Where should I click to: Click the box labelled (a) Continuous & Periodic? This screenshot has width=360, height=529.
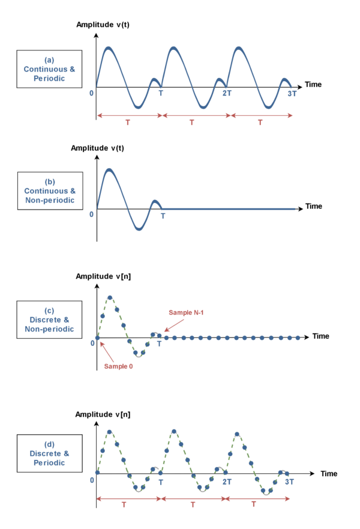pyautogui.click(x=49, y=69)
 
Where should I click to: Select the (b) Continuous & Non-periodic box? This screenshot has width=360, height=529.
pyautogui.click(x=50, y=191)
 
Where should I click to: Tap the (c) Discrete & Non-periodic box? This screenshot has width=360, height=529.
pyautogui.click(x=49, y=319)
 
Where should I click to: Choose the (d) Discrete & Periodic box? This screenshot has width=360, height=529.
pyautogui.click(x=50, y=453)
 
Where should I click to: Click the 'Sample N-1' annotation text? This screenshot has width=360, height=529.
pyautogui.click(x=186, y=313)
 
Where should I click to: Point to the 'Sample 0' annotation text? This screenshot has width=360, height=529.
pyautogui.click(x=118, y=366)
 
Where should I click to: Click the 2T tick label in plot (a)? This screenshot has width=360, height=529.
pyautogui.click(x=227, y=93)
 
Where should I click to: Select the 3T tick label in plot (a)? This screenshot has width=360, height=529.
pyautogui.click(x=292, y=94)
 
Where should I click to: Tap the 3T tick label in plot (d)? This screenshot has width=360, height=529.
pyautogui.click(x=289, y=482)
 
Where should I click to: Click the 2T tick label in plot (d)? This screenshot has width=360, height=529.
pyautogui.click(x=227, y=482)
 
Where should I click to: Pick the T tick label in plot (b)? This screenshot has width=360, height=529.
pyautogui.click(x=163, y=216)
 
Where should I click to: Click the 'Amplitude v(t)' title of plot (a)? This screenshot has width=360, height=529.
pyautogui.click(x=103, y=25)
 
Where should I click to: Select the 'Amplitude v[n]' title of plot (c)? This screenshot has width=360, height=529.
pyautogui.click(x=103, y=276)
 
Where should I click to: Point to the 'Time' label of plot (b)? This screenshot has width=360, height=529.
pyautogui.click(x=313, y=206)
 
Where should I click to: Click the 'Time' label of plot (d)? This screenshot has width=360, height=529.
pyautogui.click(x=329, y=474)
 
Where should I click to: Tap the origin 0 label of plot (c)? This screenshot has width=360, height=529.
pyautogui.click(x=92, y=343)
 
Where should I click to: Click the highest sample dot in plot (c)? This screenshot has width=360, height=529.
pyautogui.click(x=110, y=298)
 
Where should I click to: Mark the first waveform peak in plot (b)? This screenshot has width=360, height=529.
pyautogui.click(x=109, y=171)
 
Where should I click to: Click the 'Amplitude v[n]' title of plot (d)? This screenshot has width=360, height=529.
pyautogui.click(x=103, y=414)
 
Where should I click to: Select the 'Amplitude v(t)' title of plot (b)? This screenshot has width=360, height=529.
pyautogui.click(x=97, y=148)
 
